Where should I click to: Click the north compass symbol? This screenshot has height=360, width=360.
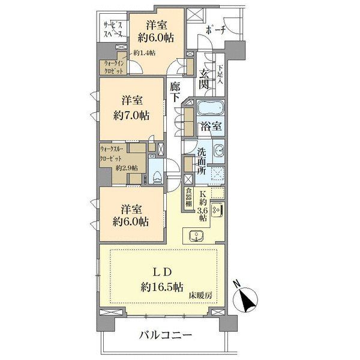point(245,298)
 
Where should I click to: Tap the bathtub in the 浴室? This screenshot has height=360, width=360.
point(211,108)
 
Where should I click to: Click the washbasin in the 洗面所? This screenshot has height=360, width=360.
point(218,151)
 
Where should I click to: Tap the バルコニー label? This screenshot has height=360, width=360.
point(166,335)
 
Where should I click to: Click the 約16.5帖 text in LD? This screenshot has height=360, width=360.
point(162,287)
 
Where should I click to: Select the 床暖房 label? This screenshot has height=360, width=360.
point(200,296)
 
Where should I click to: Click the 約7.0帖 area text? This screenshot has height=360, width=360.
point(131,115)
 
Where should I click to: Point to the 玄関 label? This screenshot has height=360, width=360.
point(204,79)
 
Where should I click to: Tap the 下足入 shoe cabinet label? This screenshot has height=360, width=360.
point(220,75)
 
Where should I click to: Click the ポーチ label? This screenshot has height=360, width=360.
point(215,30)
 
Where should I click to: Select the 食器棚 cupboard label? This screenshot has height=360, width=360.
point(188,197)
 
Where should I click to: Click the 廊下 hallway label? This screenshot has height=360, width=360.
point(175,92)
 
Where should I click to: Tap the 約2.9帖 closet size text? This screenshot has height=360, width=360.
point(127,168)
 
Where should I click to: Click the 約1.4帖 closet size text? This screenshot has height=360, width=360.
point(145,53)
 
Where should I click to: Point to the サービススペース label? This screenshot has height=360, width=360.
point(113,29)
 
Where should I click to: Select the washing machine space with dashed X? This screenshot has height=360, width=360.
point(217,173)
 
